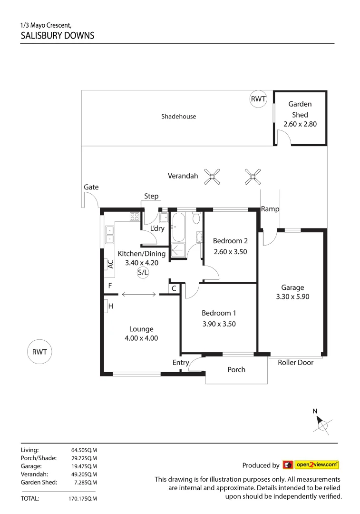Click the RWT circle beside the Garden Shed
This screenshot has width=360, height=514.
pos(258,99)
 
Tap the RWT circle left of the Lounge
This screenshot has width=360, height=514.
pos(39,352)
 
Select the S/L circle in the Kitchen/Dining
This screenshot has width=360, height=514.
pos(143,273)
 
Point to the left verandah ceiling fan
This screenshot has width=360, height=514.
pos(212,177)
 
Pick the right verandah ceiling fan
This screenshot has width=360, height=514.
pos(253,177)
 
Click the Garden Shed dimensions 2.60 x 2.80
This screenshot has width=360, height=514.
pos(300,124)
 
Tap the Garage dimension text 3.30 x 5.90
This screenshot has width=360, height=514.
pos(292,297)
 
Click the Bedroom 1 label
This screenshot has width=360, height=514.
pos(219,313)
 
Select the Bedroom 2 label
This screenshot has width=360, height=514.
pos(230,241)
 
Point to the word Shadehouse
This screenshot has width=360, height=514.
pos(178,116)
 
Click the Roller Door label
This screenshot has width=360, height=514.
pos(296,363)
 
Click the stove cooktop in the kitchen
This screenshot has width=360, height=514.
pos(135,217)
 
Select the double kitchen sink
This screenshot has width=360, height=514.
pos(109,235)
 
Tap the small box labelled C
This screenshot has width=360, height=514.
pos(174,288)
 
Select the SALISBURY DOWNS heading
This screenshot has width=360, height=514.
pos(58,35)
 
